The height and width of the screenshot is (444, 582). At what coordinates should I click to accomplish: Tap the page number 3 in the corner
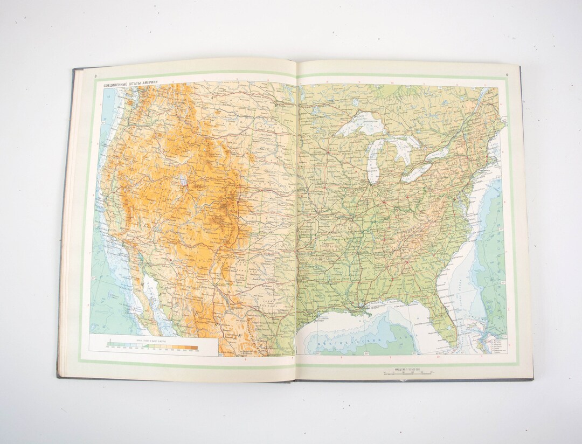coord(95,77)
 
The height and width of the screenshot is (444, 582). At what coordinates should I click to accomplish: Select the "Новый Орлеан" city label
coord(372,308)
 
